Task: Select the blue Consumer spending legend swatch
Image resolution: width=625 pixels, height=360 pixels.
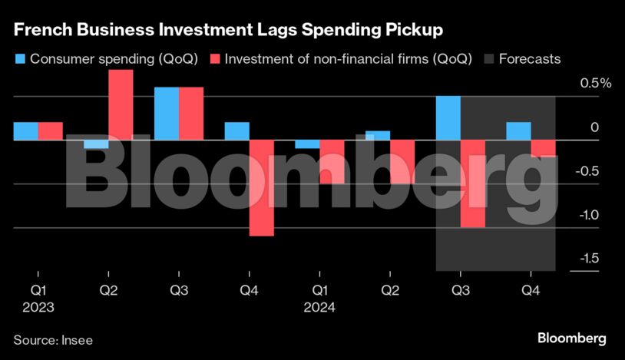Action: (19, 59)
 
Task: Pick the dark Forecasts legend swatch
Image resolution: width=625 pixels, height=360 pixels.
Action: (487, 59)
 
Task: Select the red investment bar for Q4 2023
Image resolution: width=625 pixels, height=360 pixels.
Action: (262, 188)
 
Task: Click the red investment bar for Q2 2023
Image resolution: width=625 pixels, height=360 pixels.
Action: (121, 104)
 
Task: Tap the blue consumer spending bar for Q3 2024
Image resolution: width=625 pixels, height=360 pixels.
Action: (448, 118)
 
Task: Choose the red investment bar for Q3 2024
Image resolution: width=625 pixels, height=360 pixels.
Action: (473, 184)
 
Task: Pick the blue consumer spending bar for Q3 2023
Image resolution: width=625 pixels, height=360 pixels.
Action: (167, 114)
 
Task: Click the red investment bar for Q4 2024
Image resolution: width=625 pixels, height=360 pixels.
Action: (543, 148)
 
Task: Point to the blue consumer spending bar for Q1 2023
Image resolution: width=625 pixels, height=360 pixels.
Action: (25, 131)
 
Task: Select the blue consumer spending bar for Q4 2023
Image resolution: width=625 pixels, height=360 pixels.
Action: (236, 131)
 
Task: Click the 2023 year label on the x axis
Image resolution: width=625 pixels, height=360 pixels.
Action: (38, 308)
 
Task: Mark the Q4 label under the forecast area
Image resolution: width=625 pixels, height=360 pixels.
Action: (531, 292)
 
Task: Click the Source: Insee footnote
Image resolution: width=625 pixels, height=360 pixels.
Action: (53, 339)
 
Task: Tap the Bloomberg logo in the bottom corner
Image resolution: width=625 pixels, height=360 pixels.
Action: (571, 338)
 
